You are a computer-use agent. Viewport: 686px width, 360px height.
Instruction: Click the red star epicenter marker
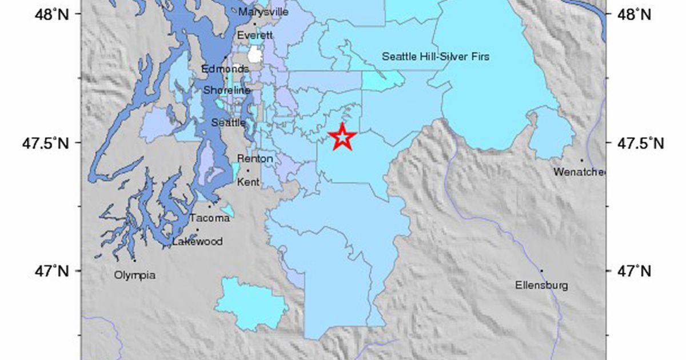(x=342, y=137)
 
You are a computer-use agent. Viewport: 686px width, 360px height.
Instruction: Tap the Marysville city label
(x=264, y=12)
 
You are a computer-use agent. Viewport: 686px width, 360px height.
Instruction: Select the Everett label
(x=256, y=35)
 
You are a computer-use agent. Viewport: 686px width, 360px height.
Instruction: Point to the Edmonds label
(x=225, y=69)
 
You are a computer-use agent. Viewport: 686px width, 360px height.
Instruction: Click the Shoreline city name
(x=228, y=90)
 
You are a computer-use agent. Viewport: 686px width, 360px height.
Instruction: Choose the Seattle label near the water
(x=229, y=123)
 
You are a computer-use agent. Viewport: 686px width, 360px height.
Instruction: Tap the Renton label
(x=255, y=159)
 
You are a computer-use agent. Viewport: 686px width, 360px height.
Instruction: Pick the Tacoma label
(x=210, y=218)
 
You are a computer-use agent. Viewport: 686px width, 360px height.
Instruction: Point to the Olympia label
(x=134, y=275)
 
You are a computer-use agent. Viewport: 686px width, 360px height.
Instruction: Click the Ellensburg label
(x=541, y=285)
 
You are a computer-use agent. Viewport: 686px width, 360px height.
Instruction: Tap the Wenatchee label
(x=579, y=171)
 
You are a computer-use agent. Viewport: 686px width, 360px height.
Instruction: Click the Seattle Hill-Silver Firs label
(x=436, y=56)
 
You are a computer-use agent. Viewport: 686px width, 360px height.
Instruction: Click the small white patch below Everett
(x=255, y=55)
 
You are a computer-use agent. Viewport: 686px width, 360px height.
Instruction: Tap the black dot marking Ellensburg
(x=541, y=271)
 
